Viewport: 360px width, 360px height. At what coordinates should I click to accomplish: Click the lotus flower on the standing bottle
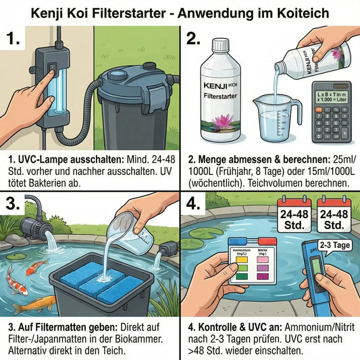pos(223,126)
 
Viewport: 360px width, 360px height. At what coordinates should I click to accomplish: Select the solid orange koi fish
pos(34,305)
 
